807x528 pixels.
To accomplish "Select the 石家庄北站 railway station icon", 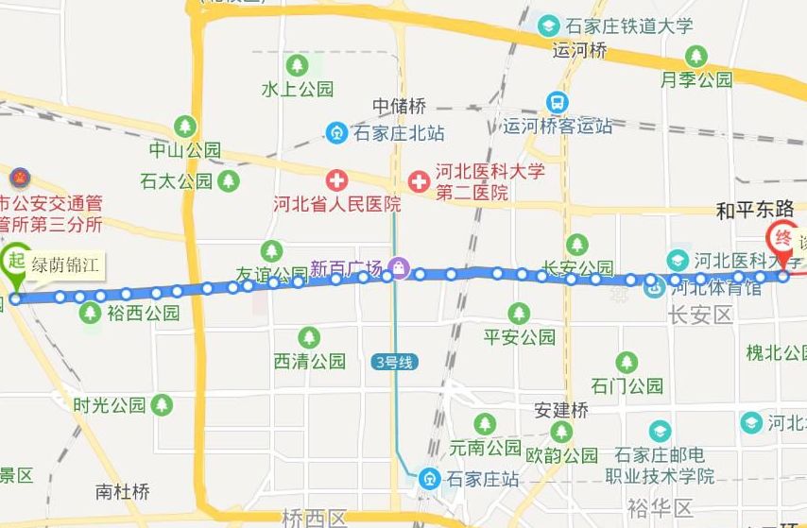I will point(336,133).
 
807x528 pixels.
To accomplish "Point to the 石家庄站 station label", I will point(483,479).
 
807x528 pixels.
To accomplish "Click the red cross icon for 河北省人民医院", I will point(336,179).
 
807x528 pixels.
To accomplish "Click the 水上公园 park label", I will point(298,90).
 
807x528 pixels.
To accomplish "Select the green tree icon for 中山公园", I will point(185,126).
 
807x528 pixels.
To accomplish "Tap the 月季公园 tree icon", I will point(697,57).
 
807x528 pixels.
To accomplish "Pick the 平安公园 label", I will point(519,337).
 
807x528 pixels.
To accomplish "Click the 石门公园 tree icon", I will point(627,362).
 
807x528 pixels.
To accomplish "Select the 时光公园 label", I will point(110,405).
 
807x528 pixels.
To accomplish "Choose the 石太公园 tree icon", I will point(229,179).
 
